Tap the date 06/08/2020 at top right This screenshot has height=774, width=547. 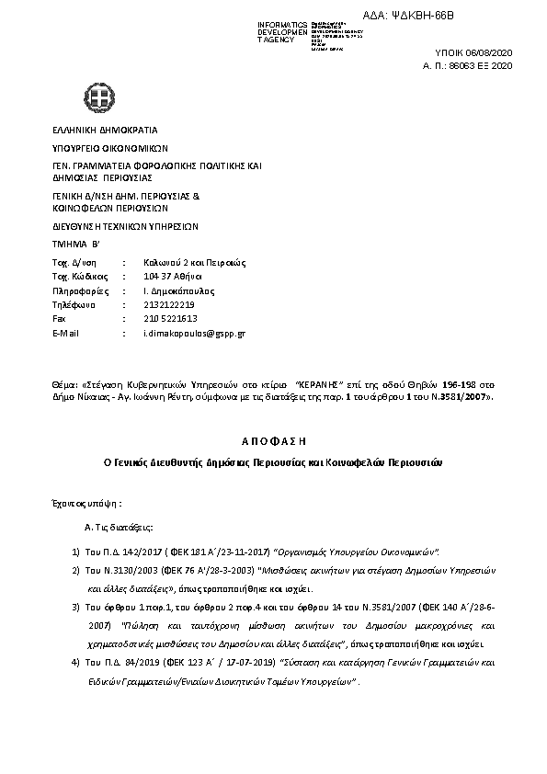[492, 54]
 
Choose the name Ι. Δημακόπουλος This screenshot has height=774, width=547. [168, 290]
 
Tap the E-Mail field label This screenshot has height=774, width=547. [67, 331]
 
